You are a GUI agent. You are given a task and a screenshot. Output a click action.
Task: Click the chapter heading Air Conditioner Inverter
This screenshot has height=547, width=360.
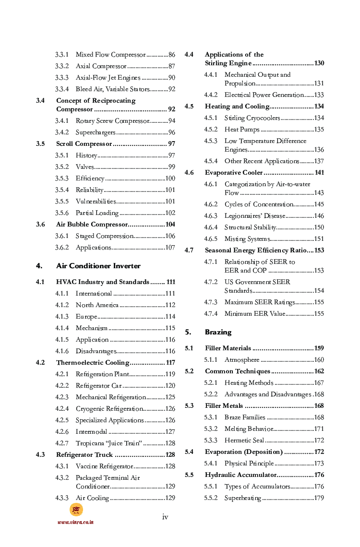[x=98, y=266]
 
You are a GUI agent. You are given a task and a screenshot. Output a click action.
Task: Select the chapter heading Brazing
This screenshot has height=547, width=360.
[x=218, y=332]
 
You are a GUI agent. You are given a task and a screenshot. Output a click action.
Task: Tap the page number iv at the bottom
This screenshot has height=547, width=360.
[x=165, y=517]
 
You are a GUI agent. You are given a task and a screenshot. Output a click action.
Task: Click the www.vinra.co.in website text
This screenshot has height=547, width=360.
[x=75, y=522]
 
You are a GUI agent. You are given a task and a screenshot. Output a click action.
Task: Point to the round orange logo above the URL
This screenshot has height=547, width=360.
[x=76, y=510]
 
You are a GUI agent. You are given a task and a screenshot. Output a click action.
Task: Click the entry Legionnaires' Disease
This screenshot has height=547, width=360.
[x=254, y=216]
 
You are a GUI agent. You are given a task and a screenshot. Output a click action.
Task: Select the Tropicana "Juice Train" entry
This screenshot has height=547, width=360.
[x=108, y=443]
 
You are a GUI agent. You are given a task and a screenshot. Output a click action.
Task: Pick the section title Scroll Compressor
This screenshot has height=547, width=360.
[x=84, y=144]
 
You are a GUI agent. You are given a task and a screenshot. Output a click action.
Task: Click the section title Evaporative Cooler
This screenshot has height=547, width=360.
[x=234, y=173]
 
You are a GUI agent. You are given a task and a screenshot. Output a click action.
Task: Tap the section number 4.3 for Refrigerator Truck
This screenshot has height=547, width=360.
[x=40, y=455]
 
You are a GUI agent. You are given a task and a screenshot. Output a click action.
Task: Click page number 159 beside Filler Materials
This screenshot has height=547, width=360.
[x=319, y=348]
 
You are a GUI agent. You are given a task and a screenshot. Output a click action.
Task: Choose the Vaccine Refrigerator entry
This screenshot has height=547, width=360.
[x=104, y=466]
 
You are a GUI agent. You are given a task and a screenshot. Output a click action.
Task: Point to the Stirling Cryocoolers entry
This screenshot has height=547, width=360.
[x=252, y=118]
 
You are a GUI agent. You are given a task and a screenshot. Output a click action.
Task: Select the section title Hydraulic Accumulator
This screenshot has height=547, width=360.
[x=240, y=475]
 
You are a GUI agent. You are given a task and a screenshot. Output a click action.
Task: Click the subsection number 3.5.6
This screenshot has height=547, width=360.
[x=61, y=213]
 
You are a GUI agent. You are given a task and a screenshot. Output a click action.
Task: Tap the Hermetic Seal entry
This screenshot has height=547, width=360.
[x=244, y=440]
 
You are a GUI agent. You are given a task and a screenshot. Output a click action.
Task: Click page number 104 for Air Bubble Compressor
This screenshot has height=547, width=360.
[x=170, y=225]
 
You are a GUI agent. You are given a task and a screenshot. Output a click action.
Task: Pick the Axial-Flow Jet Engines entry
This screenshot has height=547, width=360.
[x=108, y=78]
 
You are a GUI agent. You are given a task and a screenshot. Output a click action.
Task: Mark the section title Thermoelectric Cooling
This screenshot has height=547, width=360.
[x=93, y=363]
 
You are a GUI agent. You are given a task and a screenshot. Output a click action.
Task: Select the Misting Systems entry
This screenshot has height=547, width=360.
[x=246, y=239]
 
